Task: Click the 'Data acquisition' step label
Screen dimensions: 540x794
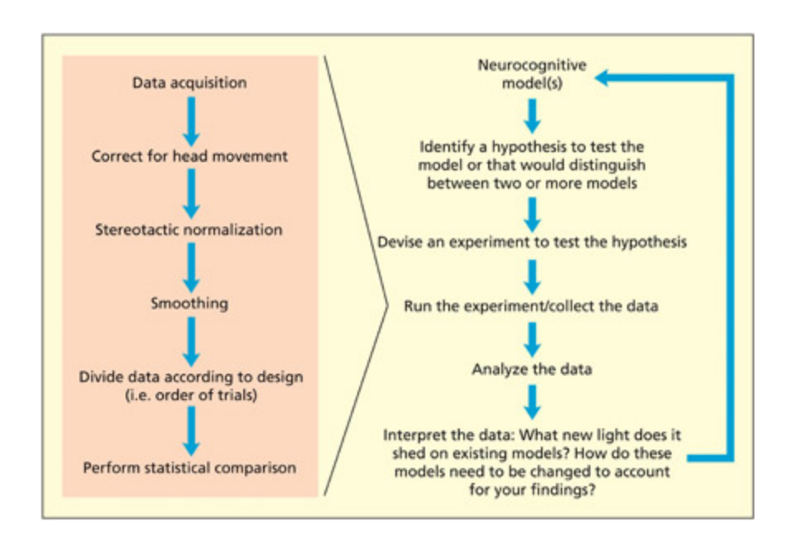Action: [189, 83]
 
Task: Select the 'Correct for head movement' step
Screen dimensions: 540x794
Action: [189, 156]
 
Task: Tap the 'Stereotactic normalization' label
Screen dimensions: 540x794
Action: [189, 229]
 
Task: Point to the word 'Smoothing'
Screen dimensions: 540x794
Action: [189, 303]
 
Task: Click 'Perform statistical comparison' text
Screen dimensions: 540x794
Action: [189, 467]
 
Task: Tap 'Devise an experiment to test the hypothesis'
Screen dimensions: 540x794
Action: [532, 242]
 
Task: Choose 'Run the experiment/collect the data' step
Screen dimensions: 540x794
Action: [532, 306]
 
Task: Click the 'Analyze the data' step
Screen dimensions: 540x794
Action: [532, 369]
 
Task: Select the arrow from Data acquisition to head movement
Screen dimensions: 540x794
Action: [190, 119]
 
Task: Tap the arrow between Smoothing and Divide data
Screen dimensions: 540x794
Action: [190, 339]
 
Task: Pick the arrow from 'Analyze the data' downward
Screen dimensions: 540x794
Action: [532, 402]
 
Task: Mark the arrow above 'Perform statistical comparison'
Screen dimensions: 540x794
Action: [190, 430]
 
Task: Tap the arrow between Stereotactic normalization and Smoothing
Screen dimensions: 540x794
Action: [190, 266]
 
